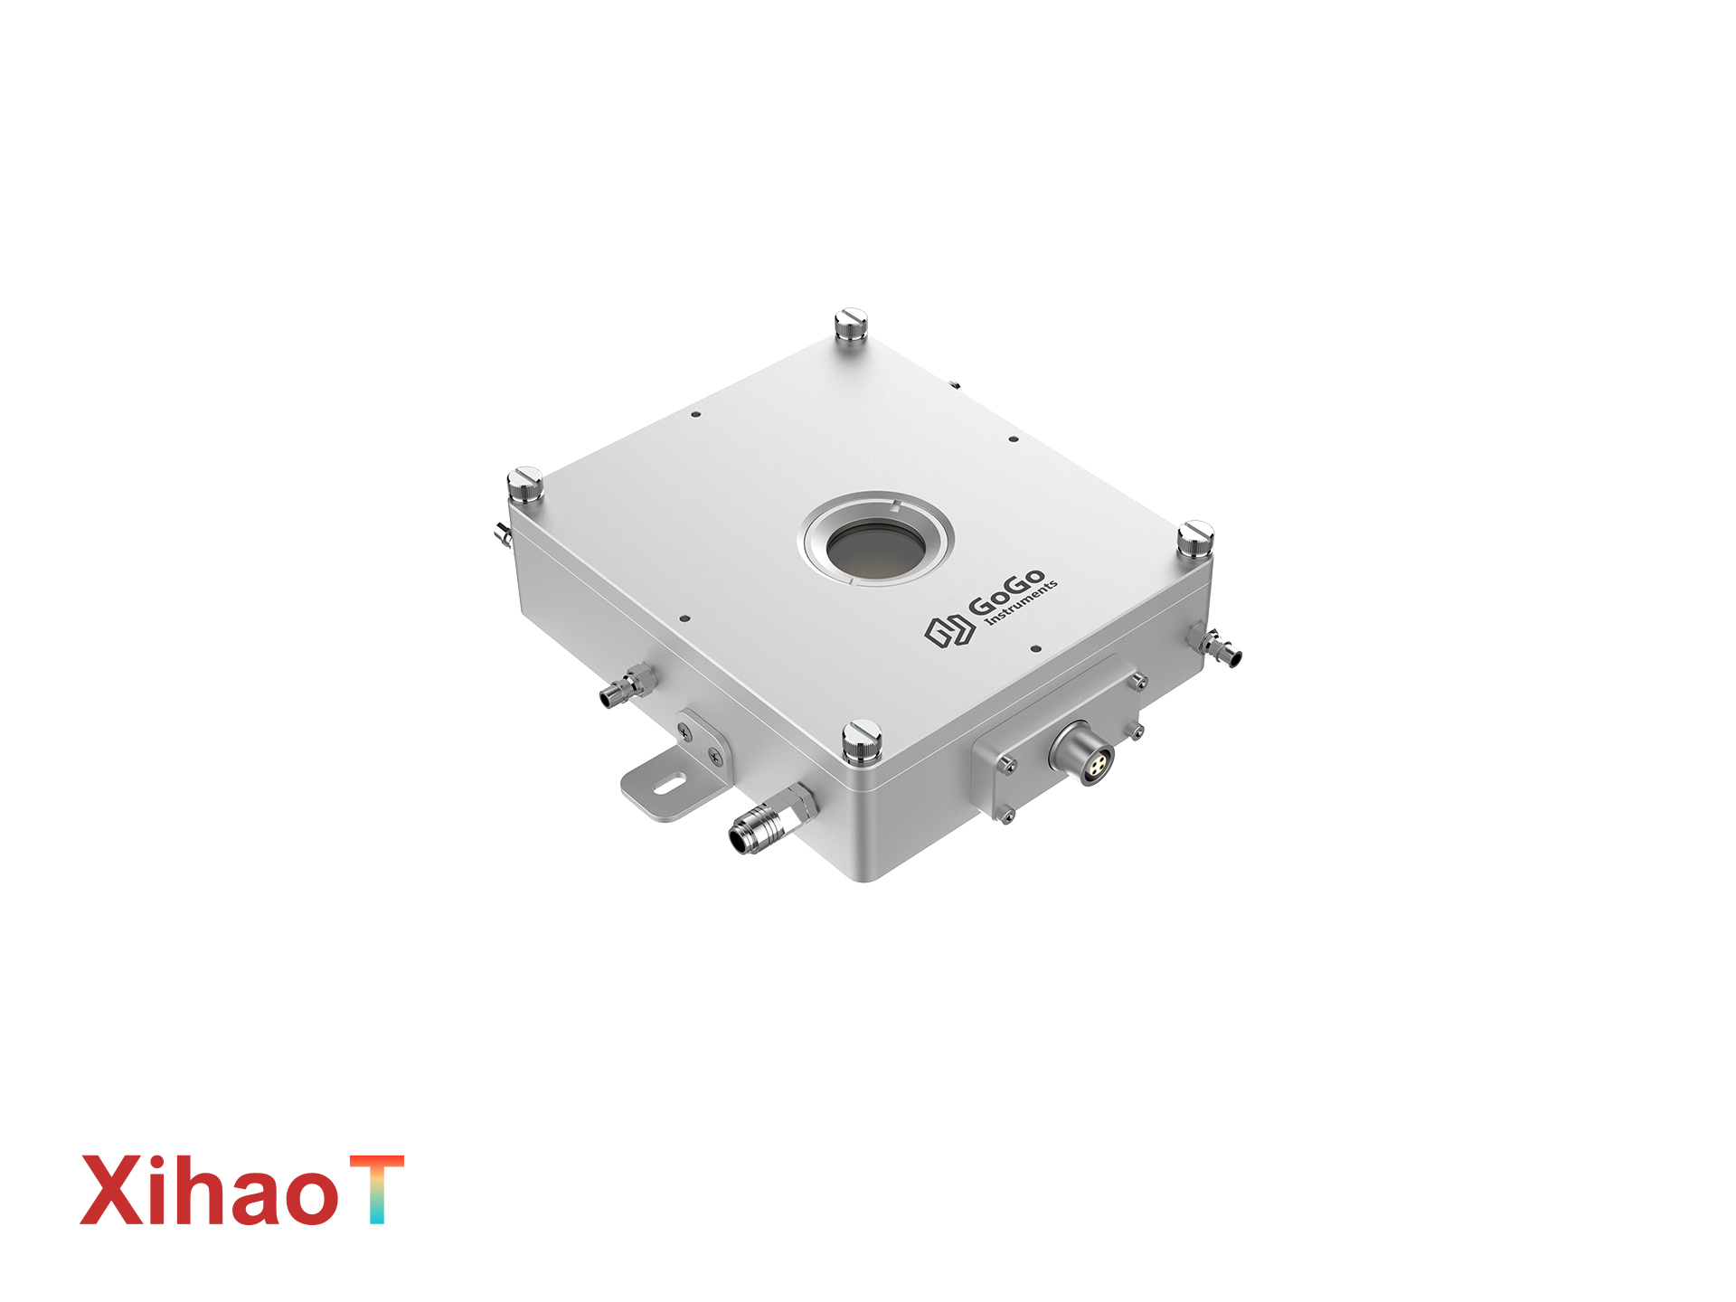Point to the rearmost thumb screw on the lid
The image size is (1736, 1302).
pos(850,325)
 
